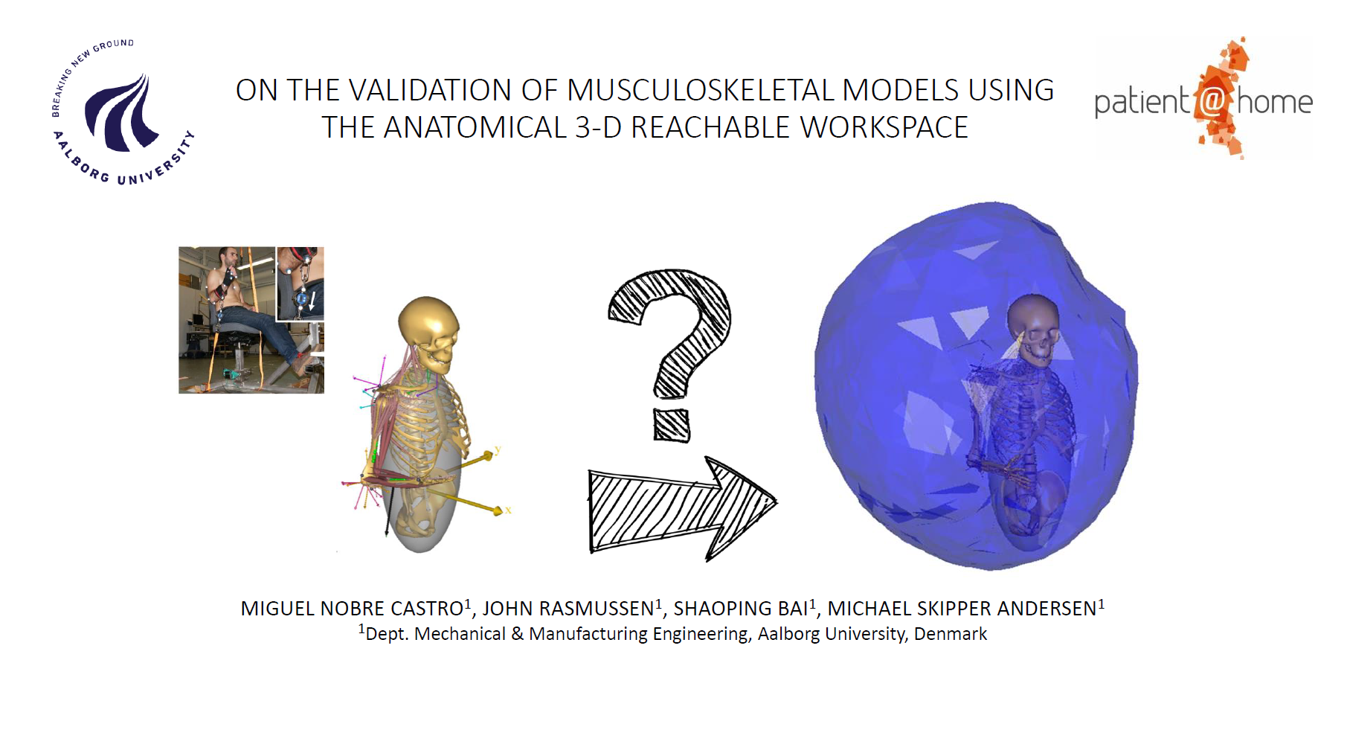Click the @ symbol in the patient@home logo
point(1212,101)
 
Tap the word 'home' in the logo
point(1274,102)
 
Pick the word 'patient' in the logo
point(1142,103)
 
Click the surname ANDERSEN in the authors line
point(1047,609)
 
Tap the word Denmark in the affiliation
point(950,634)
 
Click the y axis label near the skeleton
point(498,449)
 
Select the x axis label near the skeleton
point(508,510)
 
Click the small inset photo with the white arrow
point(300,283)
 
